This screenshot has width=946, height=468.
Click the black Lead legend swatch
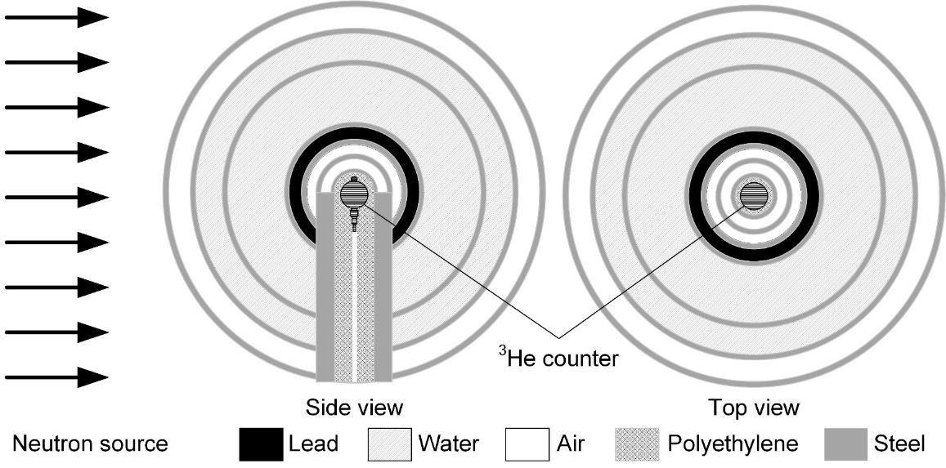(x=261, y=444)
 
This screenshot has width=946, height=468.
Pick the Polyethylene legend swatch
(x=636, y=444)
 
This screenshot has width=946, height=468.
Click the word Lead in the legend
(x=313, y=445)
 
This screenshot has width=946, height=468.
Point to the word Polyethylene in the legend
(x=733, y=445)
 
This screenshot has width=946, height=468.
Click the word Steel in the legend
(x=899, y=445)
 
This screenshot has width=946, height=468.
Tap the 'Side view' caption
(x=354, y=407)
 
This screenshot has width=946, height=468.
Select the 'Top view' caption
(x=755, y=407)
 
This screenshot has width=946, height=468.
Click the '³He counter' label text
(x=558, y=358)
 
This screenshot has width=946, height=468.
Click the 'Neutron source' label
(x=90, y=445)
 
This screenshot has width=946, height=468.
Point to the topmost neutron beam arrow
(x=57, y=17)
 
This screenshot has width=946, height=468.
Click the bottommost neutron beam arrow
(x=57, y=377)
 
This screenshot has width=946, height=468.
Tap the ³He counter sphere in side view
(x=354, y=194)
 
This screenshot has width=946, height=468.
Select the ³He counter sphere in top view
(x=755, y=194)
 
